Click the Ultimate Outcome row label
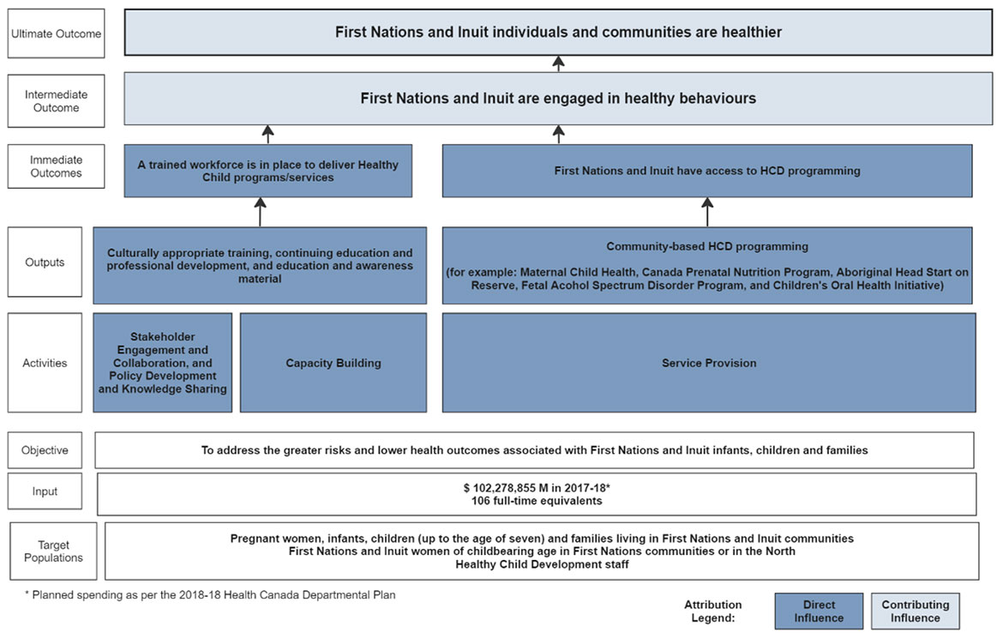(57, 33)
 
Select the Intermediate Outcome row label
(57, 101)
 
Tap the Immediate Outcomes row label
(57, 166)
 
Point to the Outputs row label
(45, 262)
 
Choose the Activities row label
(45, 363)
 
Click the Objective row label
(45, 450)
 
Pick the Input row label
(45, 491)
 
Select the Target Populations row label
(53, 552)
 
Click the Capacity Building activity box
(333, 363)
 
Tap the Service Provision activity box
(708, 363)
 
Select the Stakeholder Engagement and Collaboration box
(163, 363)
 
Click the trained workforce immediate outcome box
(267, 171)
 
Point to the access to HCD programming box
(707, 171)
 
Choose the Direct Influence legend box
(819, 611)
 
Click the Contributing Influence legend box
(916, 611)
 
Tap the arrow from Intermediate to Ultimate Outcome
(559, 64)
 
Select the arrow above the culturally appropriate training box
(259, 212)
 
